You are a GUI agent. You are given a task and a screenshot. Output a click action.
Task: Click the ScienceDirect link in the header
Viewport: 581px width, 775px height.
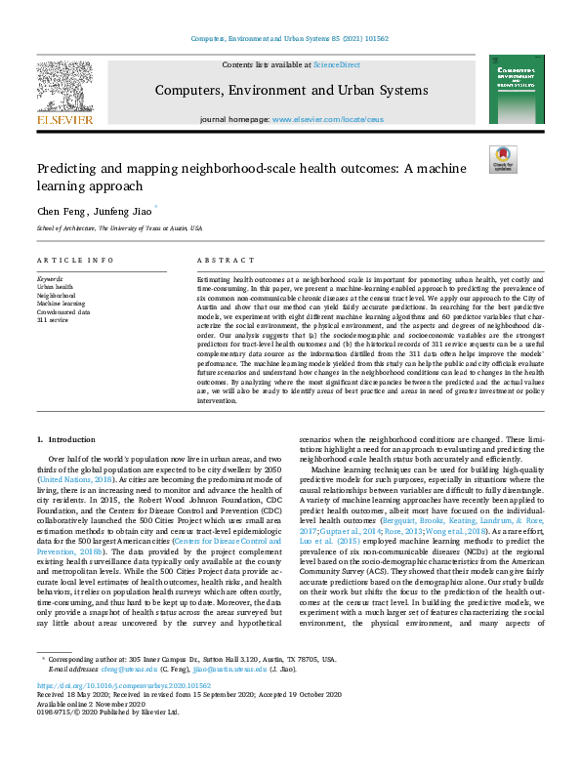[335, 63]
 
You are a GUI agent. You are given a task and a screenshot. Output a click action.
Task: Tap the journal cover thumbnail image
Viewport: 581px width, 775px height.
[517, 89]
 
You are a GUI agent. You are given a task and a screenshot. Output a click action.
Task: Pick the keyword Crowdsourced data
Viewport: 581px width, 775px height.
[64, 310]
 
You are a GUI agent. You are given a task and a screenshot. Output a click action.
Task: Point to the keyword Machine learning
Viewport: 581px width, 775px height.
[60, 303]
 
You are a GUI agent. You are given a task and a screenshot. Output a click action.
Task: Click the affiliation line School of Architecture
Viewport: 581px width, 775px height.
[119, 227]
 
